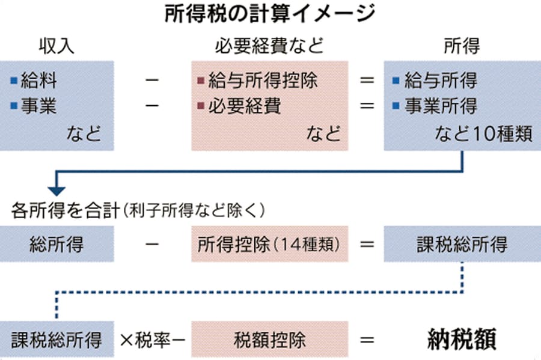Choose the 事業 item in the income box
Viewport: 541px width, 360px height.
[x=39, y=106]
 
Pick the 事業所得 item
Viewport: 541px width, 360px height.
[x=441, y=106]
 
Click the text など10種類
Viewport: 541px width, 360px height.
[x=484, y=133]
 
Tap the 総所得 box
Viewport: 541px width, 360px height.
[x=57, y=245]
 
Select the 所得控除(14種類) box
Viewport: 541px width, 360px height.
[x=269, y=245]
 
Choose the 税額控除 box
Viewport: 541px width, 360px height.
[x=269, y=340]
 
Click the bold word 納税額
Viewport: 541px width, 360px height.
[x=462, y=340]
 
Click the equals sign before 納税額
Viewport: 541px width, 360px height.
[x=367, y=340]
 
